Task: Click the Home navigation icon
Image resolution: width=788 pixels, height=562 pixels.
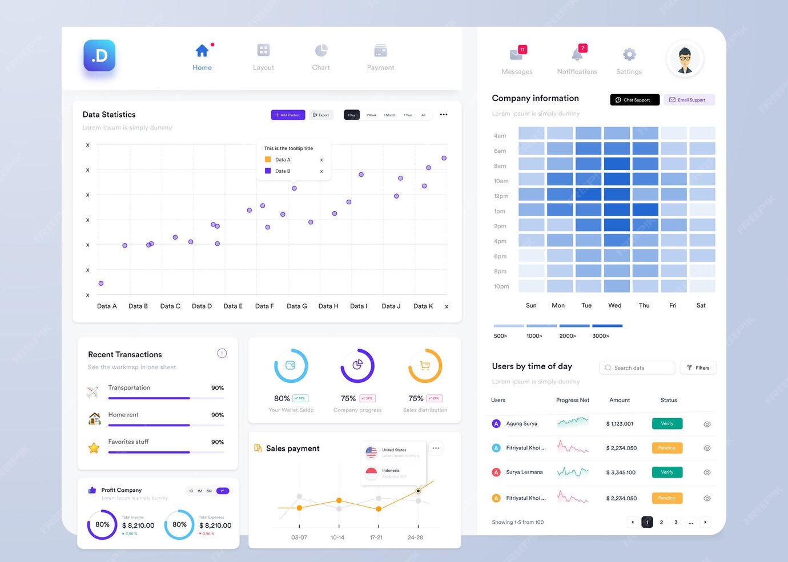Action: point(202,51)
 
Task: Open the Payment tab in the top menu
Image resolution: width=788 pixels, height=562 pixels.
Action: point(380,58)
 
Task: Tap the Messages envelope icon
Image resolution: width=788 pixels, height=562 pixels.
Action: point(516,55)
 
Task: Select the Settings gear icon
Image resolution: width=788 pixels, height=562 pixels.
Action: point(629,55)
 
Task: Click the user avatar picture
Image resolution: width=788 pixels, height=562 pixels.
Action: point(685,59)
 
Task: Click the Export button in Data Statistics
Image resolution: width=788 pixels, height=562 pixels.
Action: point(321,115)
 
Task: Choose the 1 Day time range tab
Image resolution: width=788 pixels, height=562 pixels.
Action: point(352,115)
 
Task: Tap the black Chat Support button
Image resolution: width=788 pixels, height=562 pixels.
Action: point(634,100)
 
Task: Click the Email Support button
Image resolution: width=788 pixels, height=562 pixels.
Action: point(689,100)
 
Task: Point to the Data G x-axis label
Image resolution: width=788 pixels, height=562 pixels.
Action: point(296,306)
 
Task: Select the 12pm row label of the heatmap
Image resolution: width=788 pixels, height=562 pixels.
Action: point(501,196)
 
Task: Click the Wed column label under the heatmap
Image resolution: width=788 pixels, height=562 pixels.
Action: point(614,306)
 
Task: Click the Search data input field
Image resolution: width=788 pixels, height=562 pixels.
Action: point(637,368)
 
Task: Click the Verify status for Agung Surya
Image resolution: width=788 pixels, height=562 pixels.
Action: point(667,424)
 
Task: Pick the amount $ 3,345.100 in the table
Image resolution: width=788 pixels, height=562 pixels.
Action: point(621,472)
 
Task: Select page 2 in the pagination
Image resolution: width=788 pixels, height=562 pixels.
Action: point(661,522)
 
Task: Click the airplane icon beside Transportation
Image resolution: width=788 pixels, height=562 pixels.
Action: point(93,392)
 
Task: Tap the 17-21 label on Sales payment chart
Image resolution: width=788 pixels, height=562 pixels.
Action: point(376,537)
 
